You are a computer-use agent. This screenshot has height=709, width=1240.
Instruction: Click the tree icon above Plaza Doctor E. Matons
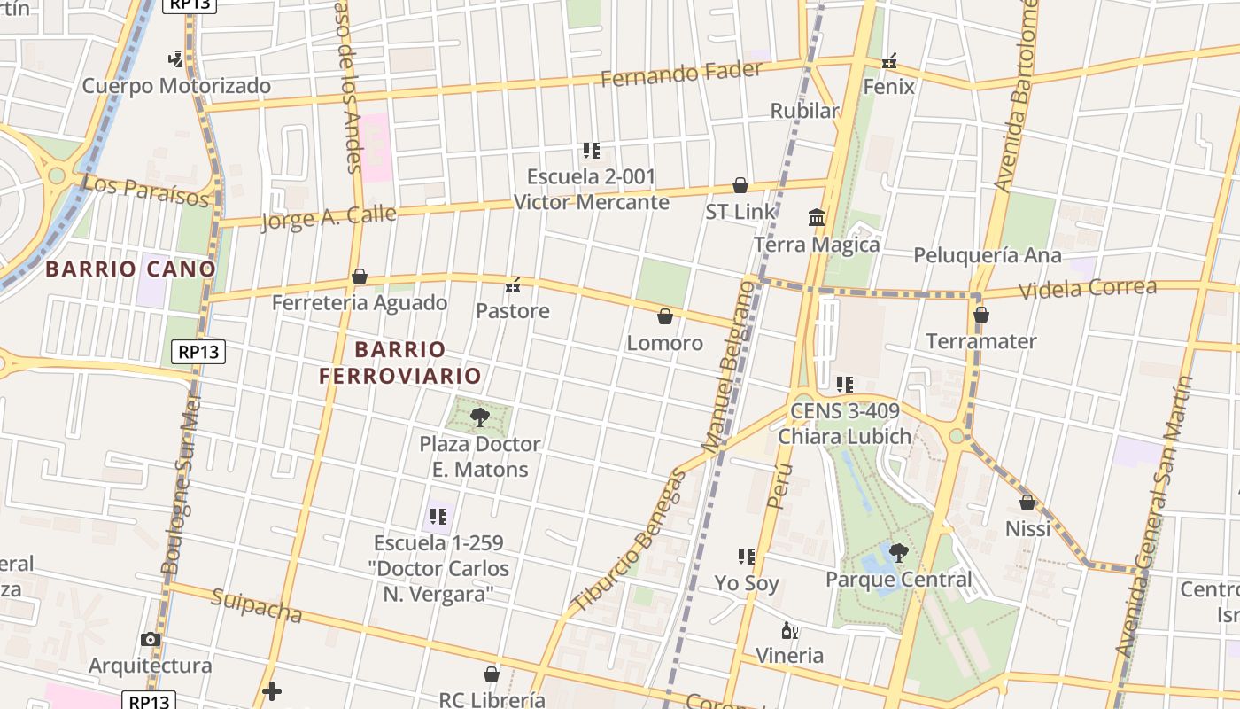[480, 417]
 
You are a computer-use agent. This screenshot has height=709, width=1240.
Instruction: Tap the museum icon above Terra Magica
[817, 217]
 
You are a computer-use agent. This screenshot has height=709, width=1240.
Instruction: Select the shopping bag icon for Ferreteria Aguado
[360, 277]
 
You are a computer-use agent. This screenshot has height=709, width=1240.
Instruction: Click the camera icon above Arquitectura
[151, 639]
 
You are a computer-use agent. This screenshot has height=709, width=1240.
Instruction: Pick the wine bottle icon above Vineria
[789, 631]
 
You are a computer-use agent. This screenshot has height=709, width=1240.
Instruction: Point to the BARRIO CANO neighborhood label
[131, 269]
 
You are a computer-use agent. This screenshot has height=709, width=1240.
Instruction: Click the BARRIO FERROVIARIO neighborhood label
[400, 362]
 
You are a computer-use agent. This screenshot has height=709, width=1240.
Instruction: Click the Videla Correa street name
[1088, 289]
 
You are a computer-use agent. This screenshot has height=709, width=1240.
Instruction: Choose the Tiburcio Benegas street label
[629, 541]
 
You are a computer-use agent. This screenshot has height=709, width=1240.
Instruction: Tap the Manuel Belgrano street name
[730, 363]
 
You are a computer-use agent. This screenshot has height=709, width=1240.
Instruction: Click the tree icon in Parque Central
[899, 553]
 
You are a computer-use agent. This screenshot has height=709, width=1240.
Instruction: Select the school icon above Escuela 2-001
[592, 151]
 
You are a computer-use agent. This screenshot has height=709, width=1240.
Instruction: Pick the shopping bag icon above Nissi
[1027, 503]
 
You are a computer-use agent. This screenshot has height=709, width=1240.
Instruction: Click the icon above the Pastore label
[512, 285]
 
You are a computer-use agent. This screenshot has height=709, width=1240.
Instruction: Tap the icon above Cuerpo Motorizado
[175, 60]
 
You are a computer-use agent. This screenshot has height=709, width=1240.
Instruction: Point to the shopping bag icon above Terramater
[980, 315]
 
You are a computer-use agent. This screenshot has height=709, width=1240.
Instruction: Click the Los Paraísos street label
[145, 190]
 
